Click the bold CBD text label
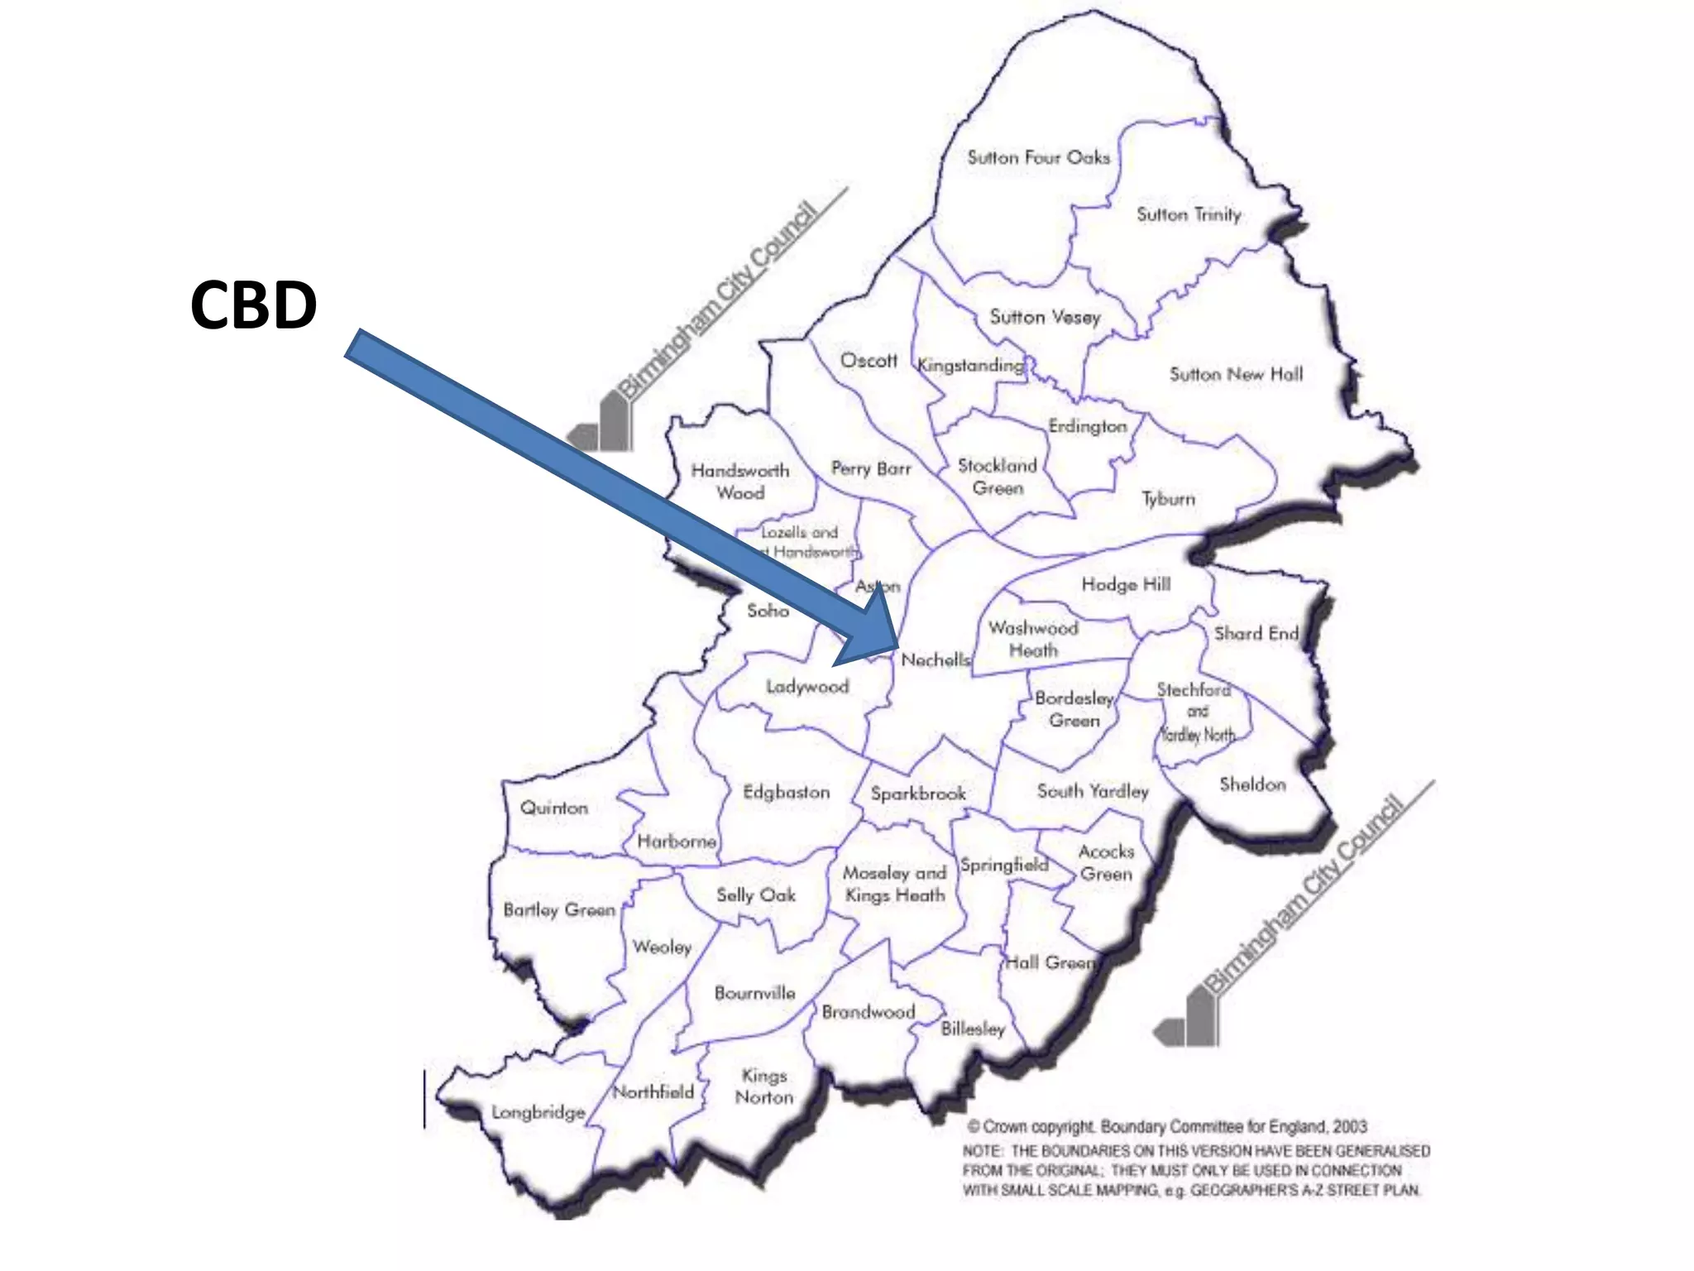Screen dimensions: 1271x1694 coord(253,305)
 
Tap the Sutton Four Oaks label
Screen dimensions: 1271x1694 coord(1038,157)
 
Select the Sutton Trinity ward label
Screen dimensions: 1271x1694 coord(1189,214)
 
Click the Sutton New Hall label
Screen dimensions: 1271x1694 coord(1236,374)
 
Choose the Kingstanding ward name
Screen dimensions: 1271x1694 coord(970,365)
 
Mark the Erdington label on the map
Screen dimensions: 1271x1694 coord(1088,426)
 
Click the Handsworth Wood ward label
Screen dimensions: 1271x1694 coord(740,482)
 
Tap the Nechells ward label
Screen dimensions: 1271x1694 coord(936,659)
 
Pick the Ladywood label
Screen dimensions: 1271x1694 coord(807,687)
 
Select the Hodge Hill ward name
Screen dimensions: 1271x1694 coord(1126,584)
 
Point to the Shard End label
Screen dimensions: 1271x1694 coord(1256,634)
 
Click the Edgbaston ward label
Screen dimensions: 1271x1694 coord(786,792)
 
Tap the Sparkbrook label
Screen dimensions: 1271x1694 coord(918,793)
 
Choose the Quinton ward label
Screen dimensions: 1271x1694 coord(553,808)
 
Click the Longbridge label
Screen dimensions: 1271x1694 coord(538,1112)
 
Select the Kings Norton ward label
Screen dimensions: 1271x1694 coord(764,1086)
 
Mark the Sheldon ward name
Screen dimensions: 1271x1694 coord(1252,784)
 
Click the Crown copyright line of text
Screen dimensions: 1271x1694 coord(1166,1126)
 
